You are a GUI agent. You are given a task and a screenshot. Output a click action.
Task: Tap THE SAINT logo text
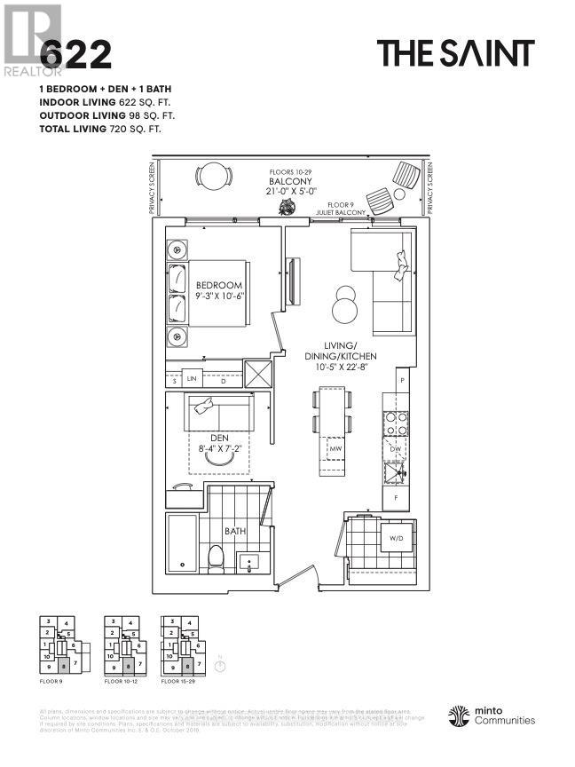pyautogui.click(x=456, y=53)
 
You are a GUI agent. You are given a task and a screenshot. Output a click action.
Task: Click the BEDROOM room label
pyautogui.click(x=219, y=285)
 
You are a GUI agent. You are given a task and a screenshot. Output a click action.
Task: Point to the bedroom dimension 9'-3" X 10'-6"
pyautogui.click(x=219, y=297)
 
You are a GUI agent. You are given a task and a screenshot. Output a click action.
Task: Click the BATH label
pyautogui.click(x=234, y=531)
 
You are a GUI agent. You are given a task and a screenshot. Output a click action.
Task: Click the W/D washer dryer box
pyautogui.click(x=395, y=537)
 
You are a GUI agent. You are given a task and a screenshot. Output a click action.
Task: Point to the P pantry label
pyautogui.click(x=402, y=380)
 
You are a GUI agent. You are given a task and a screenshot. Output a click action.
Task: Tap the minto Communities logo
pyautogui.click(x=492, y=716)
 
